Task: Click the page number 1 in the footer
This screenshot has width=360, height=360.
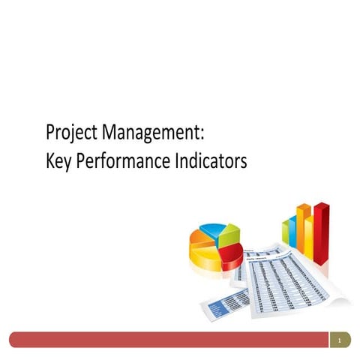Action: click(x=340, y=341)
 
